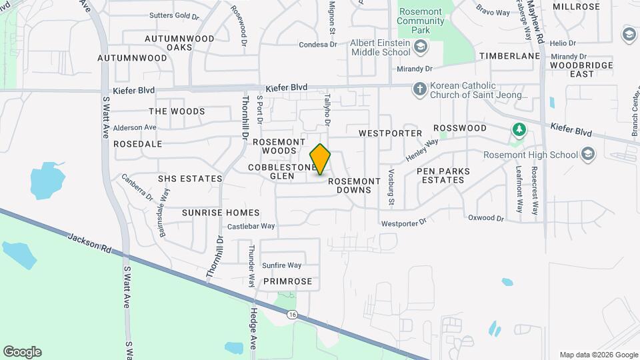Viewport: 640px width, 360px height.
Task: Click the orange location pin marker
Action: coord(320,159)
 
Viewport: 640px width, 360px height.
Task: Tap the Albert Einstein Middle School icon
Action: coord(421,47)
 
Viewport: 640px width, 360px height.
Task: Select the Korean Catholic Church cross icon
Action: coord(419,89)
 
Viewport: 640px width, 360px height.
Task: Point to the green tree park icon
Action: coord(518,129)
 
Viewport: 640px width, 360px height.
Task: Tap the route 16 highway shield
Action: coord(292,314)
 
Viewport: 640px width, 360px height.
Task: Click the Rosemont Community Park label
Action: coord(420,21)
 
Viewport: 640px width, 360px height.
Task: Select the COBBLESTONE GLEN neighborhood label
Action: coord(281,171)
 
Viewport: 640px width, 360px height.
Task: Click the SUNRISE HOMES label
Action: coord(221,213)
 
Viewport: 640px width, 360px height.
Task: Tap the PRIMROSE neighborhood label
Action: coord(287,281)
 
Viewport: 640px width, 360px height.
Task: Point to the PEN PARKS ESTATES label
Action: coord(443,176)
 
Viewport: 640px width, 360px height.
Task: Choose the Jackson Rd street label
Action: coord(89,242)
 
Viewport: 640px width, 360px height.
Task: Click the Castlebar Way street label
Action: coord(251,227)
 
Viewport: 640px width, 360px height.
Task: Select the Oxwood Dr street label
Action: coord(486,218)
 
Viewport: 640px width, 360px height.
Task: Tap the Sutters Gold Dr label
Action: coord(175,15)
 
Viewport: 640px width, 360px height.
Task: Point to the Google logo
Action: coord(22,352)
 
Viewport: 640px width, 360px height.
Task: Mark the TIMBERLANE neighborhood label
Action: coord(509,57)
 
